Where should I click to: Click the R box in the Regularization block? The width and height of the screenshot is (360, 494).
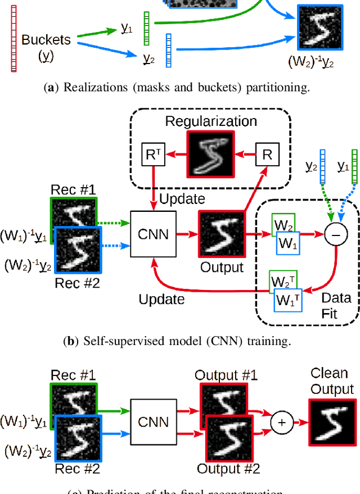point(267,155)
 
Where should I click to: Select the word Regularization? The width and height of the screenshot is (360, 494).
point(211,121)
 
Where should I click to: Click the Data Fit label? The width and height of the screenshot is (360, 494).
point(336,305)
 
